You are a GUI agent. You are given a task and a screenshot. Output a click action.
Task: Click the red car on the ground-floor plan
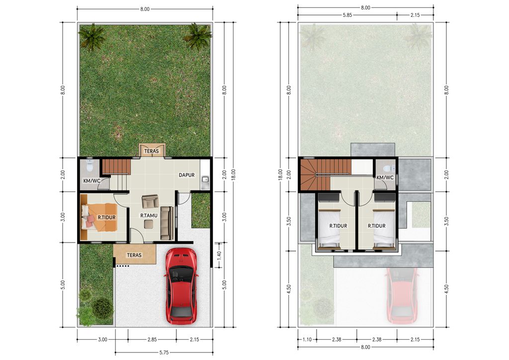181,286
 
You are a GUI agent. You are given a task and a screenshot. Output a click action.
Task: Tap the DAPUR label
187,175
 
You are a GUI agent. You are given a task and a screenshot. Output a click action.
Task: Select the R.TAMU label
149,215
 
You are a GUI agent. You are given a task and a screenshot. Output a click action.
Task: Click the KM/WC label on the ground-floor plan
92,180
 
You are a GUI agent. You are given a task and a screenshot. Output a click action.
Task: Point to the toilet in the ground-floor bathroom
89,166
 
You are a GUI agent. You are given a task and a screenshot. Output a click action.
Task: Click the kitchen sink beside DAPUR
205,179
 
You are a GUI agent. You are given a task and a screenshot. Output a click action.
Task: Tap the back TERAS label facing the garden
152,151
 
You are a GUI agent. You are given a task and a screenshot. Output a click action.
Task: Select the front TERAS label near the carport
134,255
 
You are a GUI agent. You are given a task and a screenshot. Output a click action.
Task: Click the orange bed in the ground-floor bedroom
99,217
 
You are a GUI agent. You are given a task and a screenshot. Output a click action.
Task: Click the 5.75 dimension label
164,352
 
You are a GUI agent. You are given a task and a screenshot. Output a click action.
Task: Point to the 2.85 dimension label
152,340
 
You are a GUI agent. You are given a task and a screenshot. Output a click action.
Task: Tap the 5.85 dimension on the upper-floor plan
347,15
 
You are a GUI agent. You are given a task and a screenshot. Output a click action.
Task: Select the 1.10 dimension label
307,340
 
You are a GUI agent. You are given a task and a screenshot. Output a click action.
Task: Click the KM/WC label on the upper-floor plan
385,178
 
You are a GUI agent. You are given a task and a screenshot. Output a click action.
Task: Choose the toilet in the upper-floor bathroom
389,169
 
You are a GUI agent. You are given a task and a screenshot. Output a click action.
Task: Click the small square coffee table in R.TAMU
149,224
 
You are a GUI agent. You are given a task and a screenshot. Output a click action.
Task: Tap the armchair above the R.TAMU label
150,201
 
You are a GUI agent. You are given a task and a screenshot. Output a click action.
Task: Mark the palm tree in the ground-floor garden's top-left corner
92,37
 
